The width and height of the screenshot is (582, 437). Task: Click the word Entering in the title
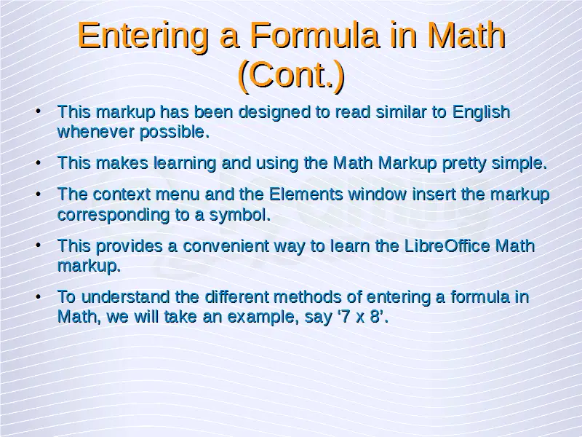(143, 36)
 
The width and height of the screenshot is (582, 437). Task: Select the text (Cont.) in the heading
(292, 75)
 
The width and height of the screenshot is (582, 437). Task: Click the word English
(481, 113)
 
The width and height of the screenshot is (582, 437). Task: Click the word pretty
(464, 164)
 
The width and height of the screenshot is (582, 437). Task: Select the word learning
(185, 164)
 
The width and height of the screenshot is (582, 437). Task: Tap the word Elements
(306, 194)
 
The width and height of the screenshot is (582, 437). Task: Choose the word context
(121, 194)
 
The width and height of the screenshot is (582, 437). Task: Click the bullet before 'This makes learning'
(39, 162)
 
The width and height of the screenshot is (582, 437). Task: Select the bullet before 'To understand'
(39, 296)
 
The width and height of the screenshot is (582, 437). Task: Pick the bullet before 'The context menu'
(39, 194)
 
